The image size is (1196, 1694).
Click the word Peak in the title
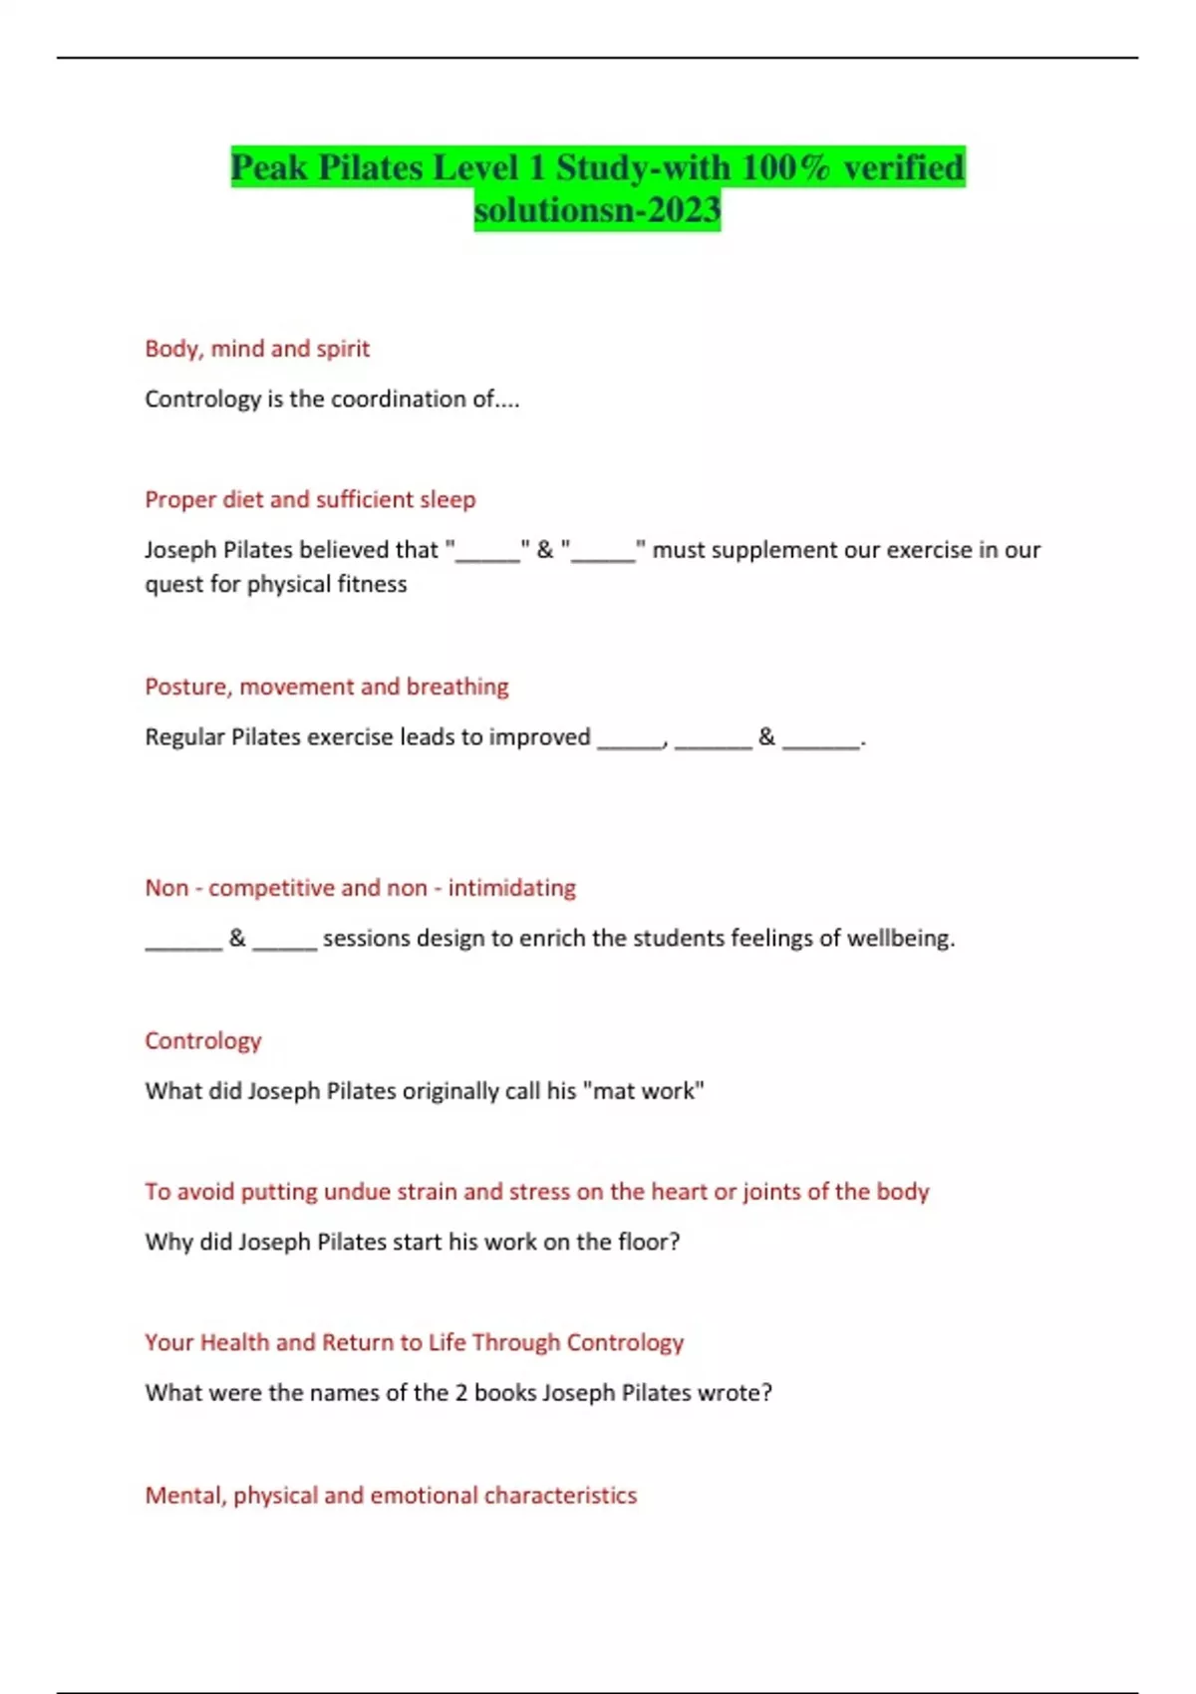click(269, 167)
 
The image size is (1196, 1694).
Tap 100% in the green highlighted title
click(786, 167)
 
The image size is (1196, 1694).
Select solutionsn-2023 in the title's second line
click(597, 210)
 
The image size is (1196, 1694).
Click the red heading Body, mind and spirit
click(257, 349)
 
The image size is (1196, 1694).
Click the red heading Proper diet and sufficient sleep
click(310, 499)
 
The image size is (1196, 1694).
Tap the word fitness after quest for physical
click(370, 584)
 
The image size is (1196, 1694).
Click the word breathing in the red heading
click(457, 687)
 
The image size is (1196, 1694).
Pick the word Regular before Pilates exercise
click(184, 737)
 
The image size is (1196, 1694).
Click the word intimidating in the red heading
click(511, 888)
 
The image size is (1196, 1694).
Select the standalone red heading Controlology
click(203, 1040)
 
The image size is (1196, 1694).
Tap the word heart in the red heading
click(679, 1192)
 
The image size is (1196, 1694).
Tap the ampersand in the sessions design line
click(237, 938)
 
